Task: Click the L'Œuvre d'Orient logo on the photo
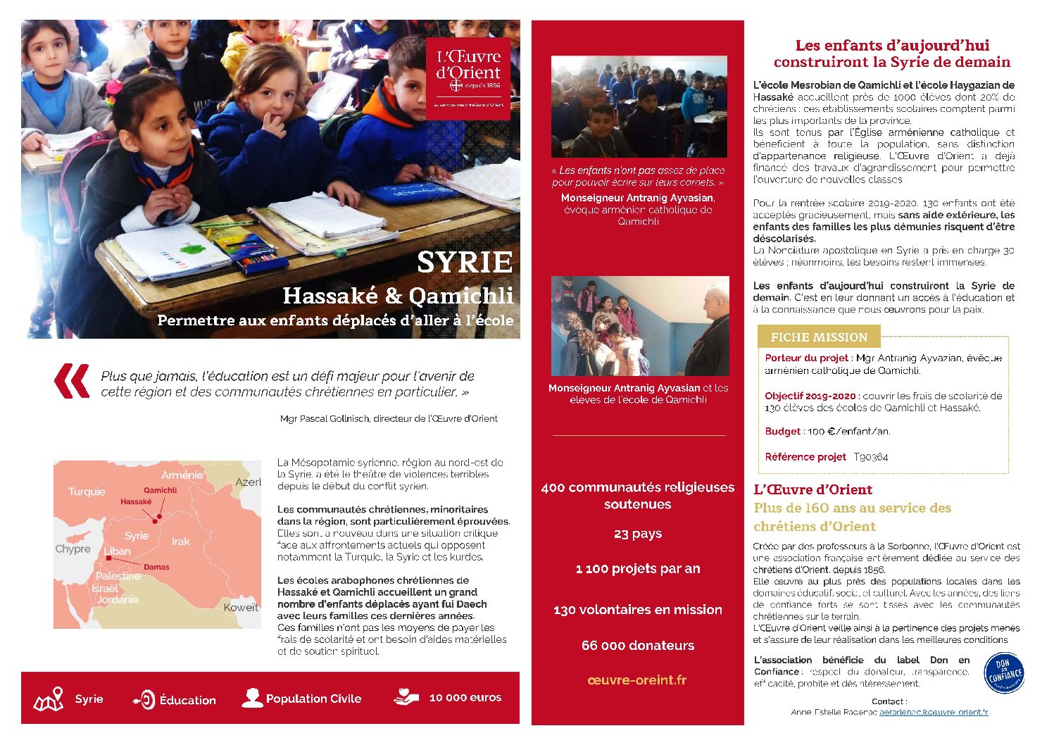(468, 78)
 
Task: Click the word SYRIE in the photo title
(465, 262)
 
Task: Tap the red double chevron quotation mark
(73, 381)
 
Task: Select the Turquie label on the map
(87, 492)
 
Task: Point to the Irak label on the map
(181, 541)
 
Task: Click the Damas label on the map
(156, 567)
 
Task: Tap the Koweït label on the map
(241, 607)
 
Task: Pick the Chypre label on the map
(73, 549)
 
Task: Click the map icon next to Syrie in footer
(49, 699)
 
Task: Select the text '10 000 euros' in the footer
(465, 698)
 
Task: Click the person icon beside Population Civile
(251, 698)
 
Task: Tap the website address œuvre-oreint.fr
(637, 680)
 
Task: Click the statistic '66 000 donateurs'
(637, 645)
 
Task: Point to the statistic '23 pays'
(637, 534)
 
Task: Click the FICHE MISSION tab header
(818, 337)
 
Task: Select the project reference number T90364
(871, 457)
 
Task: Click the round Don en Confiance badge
(1003, 673)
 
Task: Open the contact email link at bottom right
(934, 712)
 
